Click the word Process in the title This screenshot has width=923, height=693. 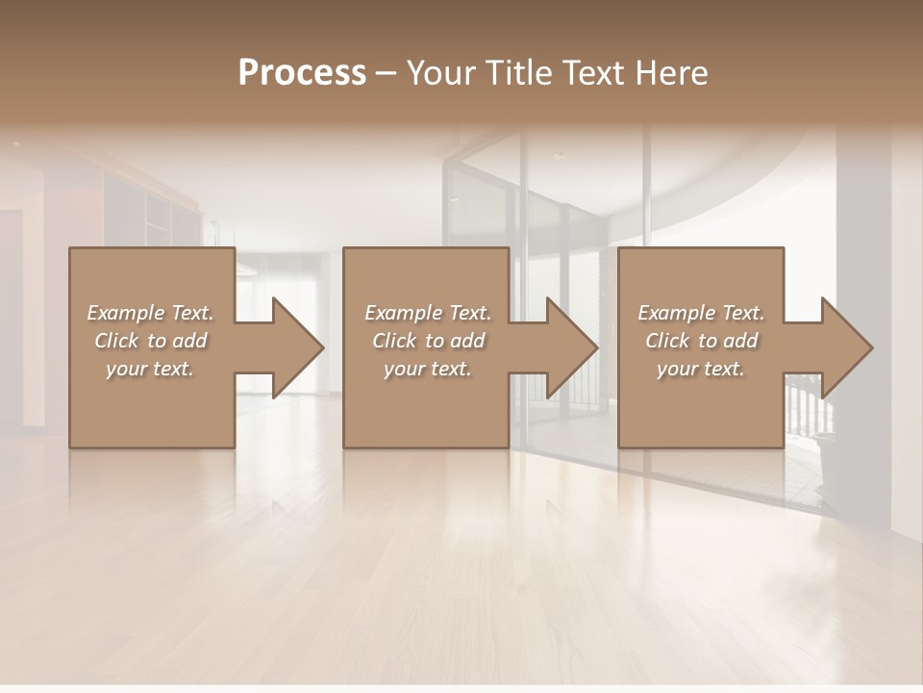[x=302, y=73]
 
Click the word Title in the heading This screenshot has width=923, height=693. [x=516, y=73]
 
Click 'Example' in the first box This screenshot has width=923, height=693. [x=125, y=313]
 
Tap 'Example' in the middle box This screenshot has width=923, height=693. [x=403, y=313]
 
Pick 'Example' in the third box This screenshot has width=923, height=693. [x=676, y=313]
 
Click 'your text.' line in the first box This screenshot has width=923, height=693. [x=150, y=369]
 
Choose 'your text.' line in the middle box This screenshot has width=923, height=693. [x=427, y=369]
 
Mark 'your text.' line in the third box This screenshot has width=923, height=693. [x=701, y=369]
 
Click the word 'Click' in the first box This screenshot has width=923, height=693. [x=116, y=341]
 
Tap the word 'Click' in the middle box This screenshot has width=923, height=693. [x=394, y=341]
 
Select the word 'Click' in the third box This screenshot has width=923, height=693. [x=667, y=341]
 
